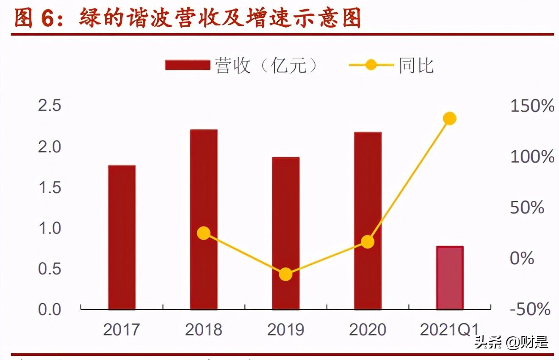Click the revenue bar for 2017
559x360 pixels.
[x=122, y=237]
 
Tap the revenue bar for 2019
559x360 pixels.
[x=286, y=233]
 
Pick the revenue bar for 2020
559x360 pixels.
[x=368, y=220]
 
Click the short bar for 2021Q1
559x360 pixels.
[x=450, y=277]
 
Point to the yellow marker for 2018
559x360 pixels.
[x=204, y=233]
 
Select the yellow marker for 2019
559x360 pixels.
[x=286, y=274]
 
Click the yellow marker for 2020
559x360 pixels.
[x=368, y=242]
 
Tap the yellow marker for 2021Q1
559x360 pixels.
[x=450, y=119]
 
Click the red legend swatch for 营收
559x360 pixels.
[x=188, y=65]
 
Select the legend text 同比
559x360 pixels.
[x=416, y=66]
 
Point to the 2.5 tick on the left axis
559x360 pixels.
[x=50, y=106]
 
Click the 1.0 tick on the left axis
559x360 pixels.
[x=50, y=228]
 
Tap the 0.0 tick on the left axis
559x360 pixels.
[x=50, y=310]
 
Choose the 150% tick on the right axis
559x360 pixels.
[x=532, y=106]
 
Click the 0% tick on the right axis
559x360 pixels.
[x=522, y=258]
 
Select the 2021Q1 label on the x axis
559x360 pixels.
[x=449, y=330]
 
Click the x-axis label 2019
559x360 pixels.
[x=285, y=330]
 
